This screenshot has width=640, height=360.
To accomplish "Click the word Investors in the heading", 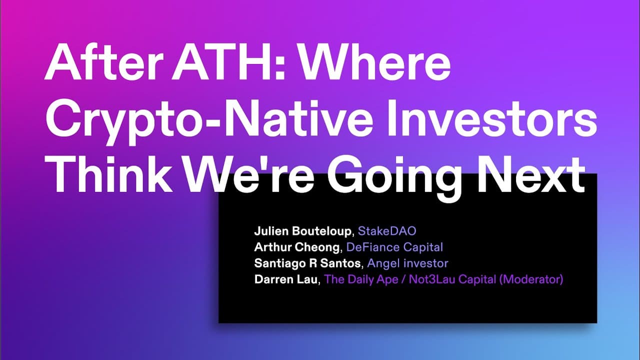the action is coord(491,118).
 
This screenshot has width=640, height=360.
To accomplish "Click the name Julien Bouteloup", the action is coord(302,231).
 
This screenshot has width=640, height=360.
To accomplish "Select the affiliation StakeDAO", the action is coord(387,231).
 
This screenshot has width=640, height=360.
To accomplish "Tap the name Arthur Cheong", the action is coord(297,247).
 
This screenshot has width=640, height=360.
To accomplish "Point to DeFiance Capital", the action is coord(394,247).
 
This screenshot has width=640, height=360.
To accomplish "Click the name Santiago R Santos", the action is coord(307,263).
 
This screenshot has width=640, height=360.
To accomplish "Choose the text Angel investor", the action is coord(407,263).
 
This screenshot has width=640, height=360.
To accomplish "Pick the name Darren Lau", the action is coord(285,279).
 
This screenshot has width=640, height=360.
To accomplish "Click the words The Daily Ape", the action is coord(361,279).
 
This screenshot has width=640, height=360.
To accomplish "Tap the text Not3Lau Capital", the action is coord(452,279).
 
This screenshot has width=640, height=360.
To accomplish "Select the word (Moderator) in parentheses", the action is coord(531,279).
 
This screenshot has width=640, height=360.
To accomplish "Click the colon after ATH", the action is coord(281,65).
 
